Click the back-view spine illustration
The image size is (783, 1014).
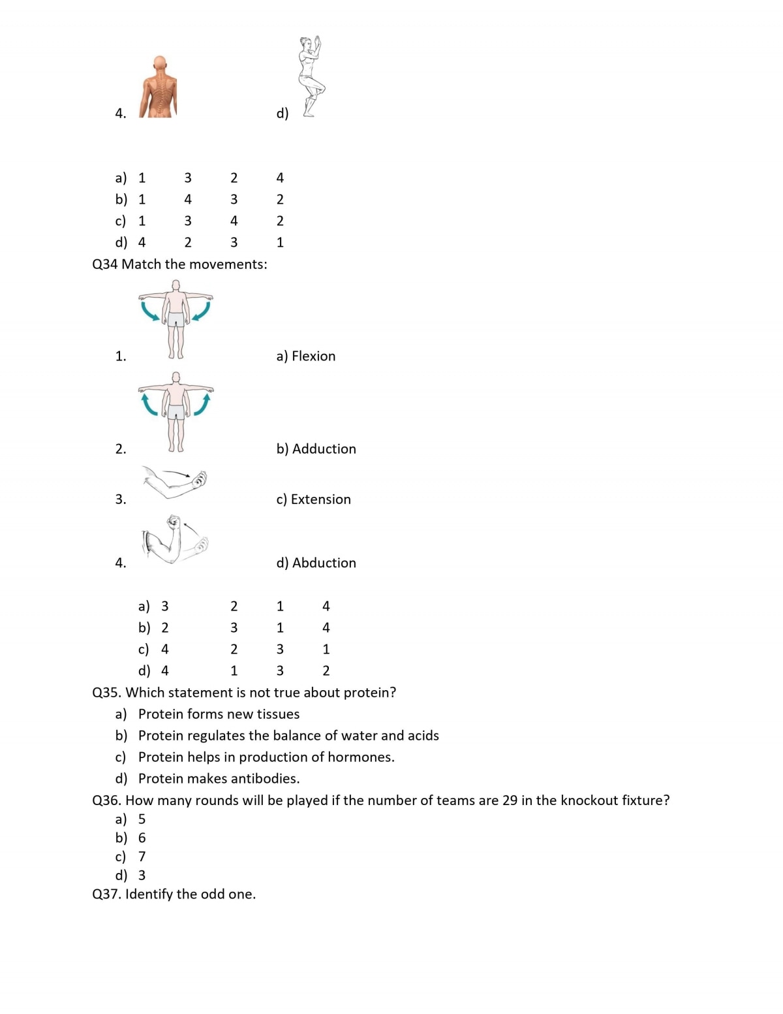[159, 87]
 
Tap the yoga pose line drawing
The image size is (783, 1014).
[311, 77]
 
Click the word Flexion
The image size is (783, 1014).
[313, 356]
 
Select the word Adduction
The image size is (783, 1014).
[324, 449]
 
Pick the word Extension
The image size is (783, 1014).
[320, 499]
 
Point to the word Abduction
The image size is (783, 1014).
[324, 563]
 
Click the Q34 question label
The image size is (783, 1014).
[105, 264]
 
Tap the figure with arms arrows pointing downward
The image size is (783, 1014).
[176, 319]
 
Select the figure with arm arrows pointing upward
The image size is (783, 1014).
[176, 412]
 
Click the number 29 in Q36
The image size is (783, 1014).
[510, 800]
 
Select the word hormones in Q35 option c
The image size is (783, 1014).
[361, 757]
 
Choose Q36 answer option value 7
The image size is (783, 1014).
[142, 857]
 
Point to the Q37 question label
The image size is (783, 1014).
[106, 895]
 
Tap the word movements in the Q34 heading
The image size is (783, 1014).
[227, 264]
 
